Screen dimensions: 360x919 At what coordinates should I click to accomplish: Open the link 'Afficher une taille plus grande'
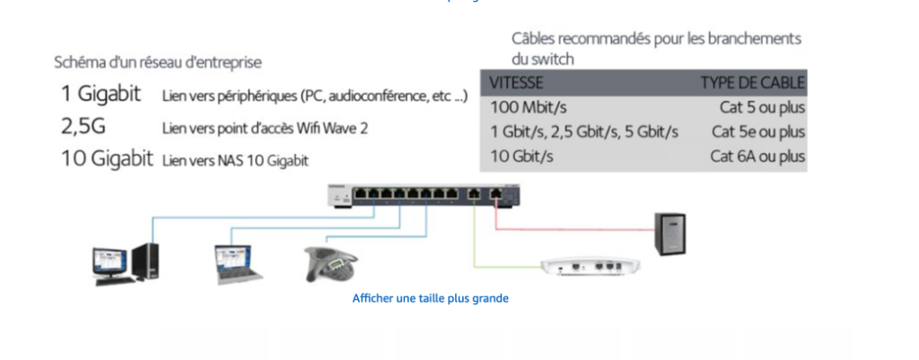(x=431, y=297)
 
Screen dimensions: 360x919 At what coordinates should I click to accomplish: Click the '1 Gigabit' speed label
(x=101, y=94)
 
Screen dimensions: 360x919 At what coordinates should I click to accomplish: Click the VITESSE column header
(x=518, y=83)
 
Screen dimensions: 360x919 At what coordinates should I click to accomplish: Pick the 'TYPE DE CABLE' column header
(x=752, y=83)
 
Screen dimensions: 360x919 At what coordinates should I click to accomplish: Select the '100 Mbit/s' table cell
(x=526, y=108)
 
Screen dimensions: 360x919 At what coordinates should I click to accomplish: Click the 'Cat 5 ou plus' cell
(x=758, y=108)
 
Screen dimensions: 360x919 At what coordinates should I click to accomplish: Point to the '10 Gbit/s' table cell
(x=521, y=156)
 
